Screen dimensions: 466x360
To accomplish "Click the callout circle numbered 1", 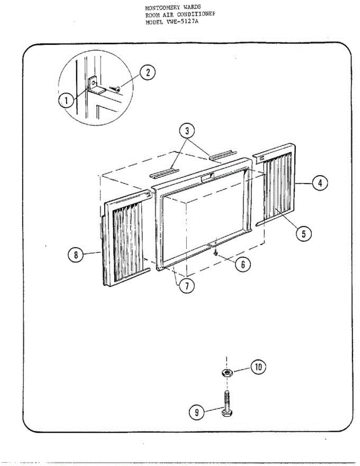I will tap(66, 101).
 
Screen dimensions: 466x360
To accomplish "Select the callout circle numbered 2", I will tap(148, 73).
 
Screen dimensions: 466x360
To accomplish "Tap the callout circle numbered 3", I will tap(187, 131).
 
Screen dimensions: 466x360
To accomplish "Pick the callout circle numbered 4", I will tap(320, 183).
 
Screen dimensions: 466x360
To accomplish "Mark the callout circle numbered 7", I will tap(186, 286).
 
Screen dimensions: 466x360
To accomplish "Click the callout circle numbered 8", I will tap(76, 255).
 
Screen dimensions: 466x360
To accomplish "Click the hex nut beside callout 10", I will tap(226, 373).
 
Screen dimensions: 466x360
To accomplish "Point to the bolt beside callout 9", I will tap(226, 404).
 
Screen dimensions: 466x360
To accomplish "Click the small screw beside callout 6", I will tap(216, 253).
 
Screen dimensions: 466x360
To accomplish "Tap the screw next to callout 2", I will tap(115, 89).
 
